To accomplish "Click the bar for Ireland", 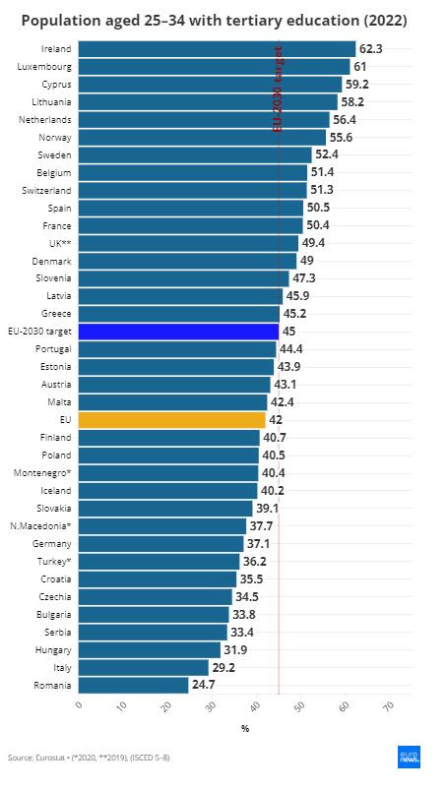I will point(216,48).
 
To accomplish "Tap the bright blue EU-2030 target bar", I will point(177,331).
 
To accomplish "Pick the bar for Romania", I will point(132,685).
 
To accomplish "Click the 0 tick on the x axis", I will point(79,705).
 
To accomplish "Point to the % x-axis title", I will point(245,728).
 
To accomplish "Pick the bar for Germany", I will point(160,543).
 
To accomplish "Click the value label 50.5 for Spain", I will point(319,208).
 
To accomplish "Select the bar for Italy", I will point(143,667).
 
